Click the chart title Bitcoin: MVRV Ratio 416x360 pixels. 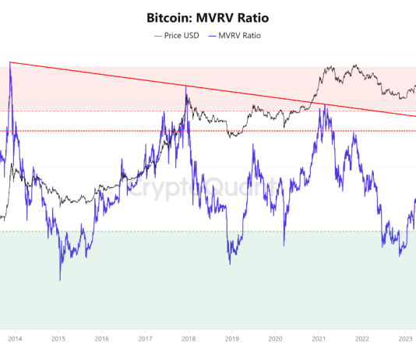coord(208,16)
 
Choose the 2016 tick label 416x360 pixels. coord(101,339)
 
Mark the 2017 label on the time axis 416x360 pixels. coord(145,339)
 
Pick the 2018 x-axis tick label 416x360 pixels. coord(189,339)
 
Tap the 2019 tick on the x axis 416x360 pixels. coord(232,339)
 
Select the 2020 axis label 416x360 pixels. coord(275,339)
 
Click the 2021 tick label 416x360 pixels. coord(319,339)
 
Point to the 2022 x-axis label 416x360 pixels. coord(362,339)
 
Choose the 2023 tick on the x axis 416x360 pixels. coord(405,339)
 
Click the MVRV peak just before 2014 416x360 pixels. coord(10,62)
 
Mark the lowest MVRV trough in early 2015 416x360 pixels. coord(60,280)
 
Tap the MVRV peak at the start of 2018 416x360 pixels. coord(185,86)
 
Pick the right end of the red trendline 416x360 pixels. coord(414,116)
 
